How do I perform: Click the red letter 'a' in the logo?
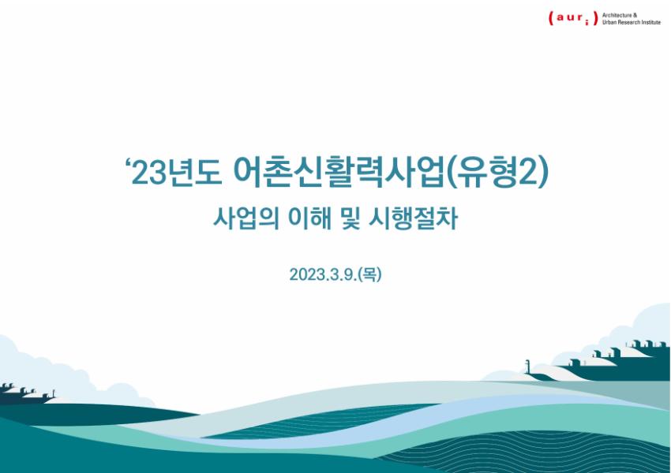[x=560, y=18]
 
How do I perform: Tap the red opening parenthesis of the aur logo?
[x=551, y=18]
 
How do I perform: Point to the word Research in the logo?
[x=628, y=22]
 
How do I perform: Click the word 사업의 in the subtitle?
[x=246, y=218]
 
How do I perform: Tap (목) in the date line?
[x=370, y=274]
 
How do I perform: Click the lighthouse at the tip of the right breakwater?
[x=527, y=367]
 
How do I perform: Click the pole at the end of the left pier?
[x=54, y=393]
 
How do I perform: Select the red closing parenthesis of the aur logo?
[x=595, y=18]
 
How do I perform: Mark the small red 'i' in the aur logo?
[x=587, y=20]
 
